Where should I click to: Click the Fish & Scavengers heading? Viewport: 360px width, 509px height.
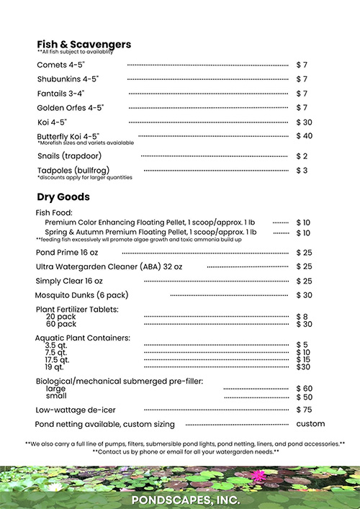click(84, 45)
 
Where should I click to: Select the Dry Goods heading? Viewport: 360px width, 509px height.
click(63, 197)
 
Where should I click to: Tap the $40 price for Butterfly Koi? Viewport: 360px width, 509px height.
click(305, 136)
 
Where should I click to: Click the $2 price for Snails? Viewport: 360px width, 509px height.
click(302, 156)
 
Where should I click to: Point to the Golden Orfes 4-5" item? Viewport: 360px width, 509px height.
click(71, 108)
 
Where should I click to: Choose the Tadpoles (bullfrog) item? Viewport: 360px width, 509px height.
click(72, 171)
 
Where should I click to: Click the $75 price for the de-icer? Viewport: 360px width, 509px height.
click(305, 410)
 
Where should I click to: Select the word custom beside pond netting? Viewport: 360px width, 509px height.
click(310, 424)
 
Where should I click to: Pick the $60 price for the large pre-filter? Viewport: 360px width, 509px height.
click(305, 389)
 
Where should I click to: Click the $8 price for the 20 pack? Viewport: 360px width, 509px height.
click(302, 317)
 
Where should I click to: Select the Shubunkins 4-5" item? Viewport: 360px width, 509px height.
click(68, 79)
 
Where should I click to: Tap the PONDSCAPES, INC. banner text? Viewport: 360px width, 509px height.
click(180, 499)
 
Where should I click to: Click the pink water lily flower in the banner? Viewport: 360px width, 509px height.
click(259, 475)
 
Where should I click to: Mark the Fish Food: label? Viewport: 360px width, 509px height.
click(54, 213)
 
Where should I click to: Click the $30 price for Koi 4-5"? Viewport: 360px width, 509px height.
click(305, 122)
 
